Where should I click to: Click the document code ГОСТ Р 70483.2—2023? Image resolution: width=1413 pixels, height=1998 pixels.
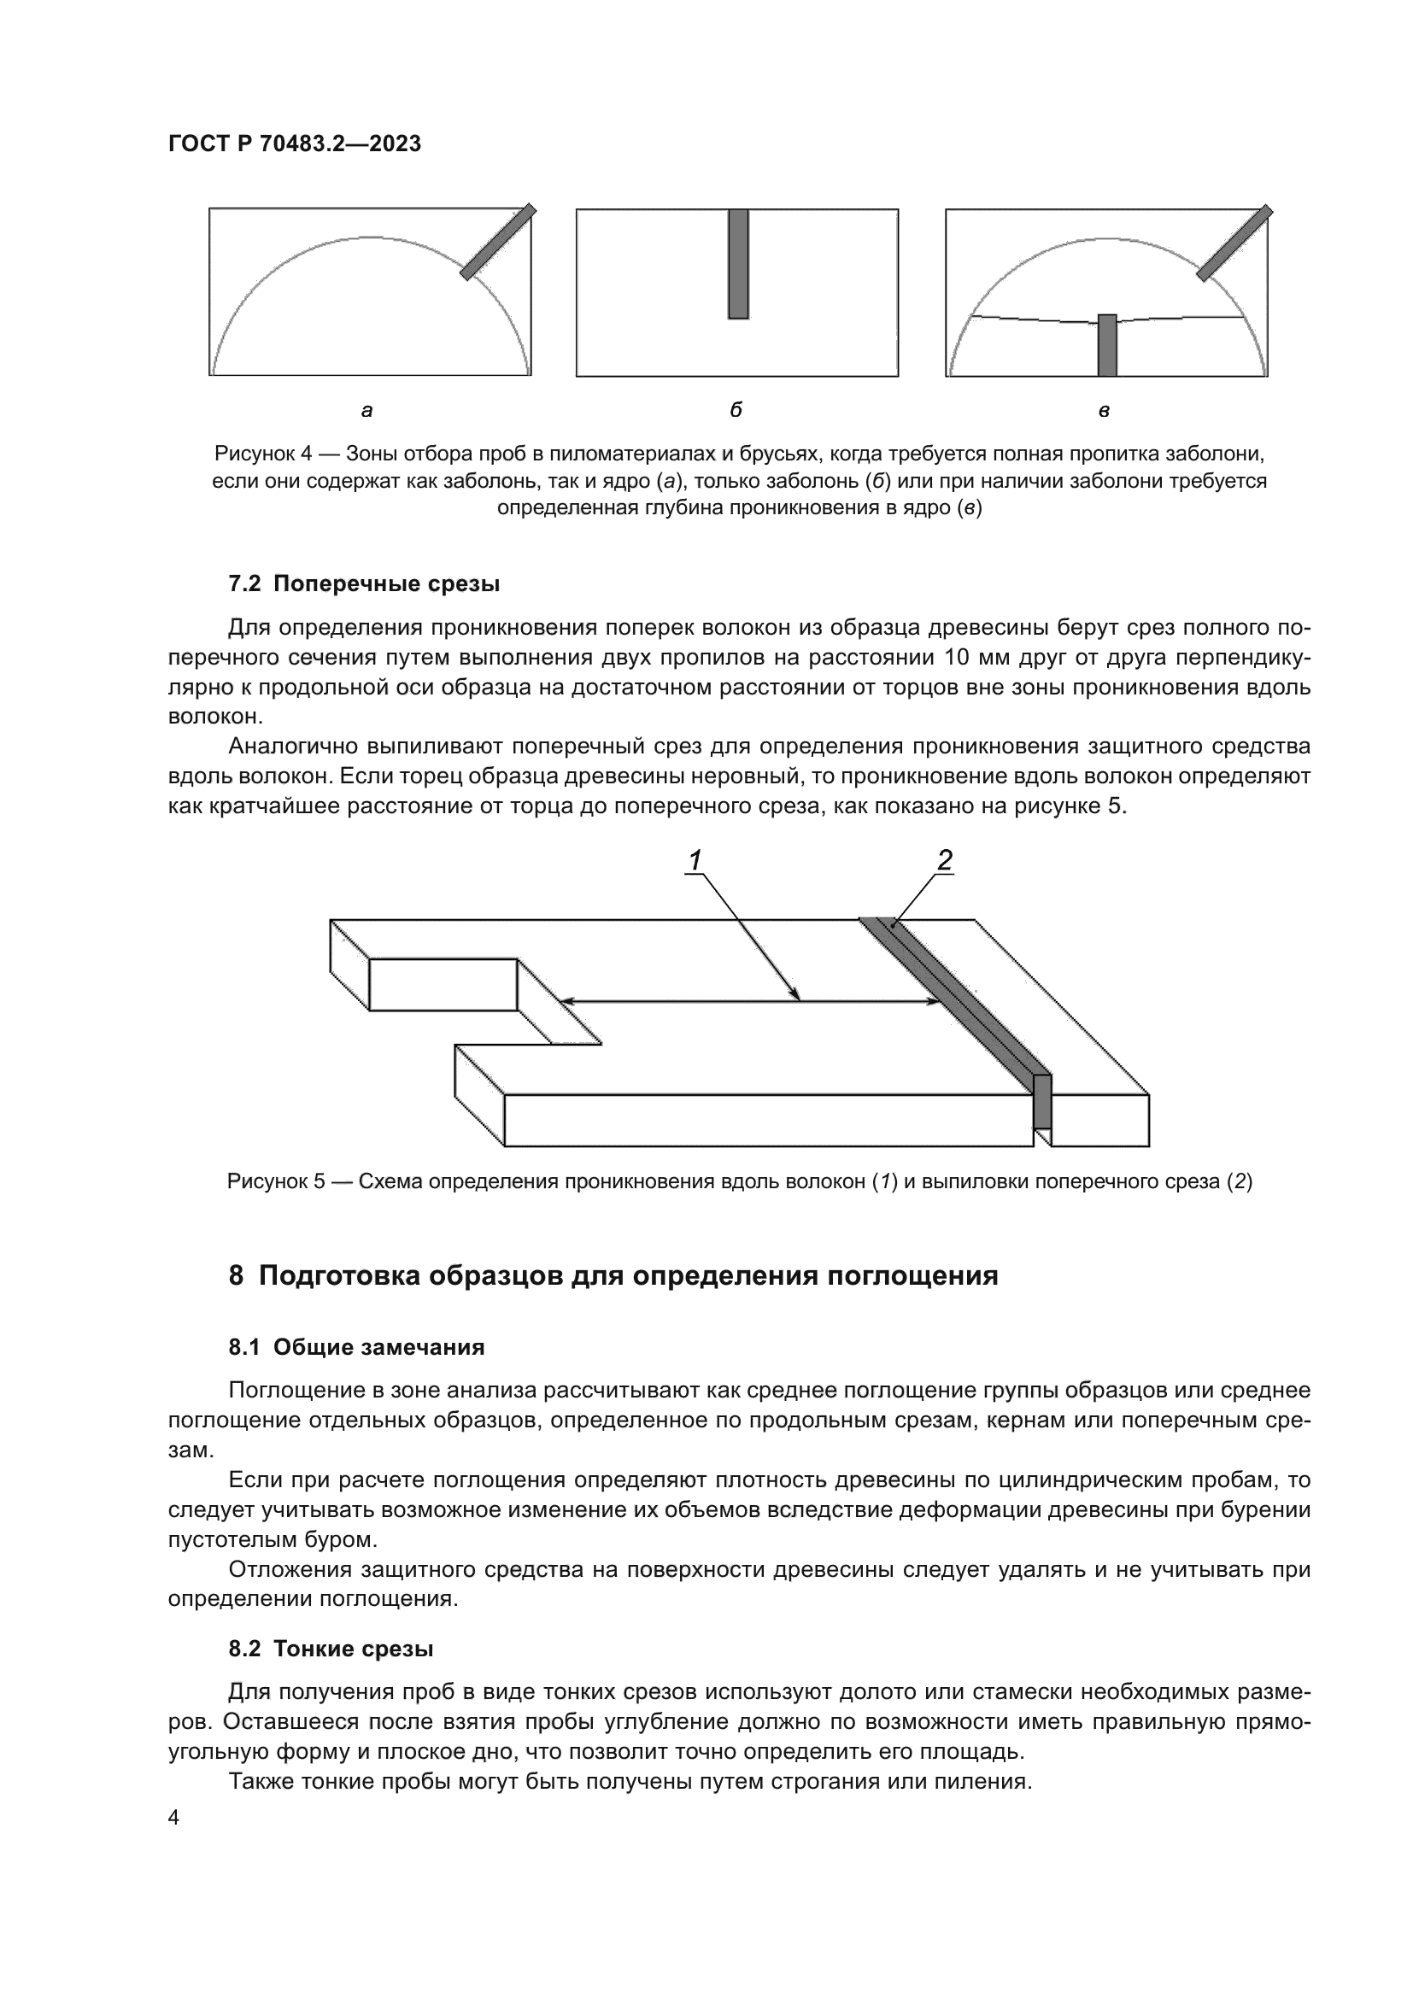pos(294,144)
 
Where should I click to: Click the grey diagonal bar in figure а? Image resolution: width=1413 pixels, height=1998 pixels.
pos(498,242)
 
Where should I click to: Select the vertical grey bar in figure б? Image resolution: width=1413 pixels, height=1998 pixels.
pos(738,264)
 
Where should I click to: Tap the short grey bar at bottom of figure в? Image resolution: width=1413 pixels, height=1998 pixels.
pos(1106,345)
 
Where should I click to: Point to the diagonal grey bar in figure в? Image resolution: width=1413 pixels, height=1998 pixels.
pos(1234,243)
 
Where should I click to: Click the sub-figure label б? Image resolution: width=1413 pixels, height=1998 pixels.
pos(736,410)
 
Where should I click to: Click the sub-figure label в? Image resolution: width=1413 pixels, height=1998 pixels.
pos(1104,410)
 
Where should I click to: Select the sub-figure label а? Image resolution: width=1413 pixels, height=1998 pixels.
pos(367,410)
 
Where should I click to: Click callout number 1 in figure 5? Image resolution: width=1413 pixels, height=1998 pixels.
pos(695,860)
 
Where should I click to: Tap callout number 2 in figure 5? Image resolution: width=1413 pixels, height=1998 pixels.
pos(944,860)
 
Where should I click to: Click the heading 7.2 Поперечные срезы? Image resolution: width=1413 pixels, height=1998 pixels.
pos(364,584)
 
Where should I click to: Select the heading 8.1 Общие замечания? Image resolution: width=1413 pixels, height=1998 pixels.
pos(356,1347)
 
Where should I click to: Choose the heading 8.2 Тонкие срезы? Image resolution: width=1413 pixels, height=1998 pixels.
pos(331,1648)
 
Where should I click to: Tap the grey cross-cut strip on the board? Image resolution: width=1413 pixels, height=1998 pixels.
pos(957,1001)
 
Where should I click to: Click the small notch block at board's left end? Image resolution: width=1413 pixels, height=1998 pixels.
pos(443,984)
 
